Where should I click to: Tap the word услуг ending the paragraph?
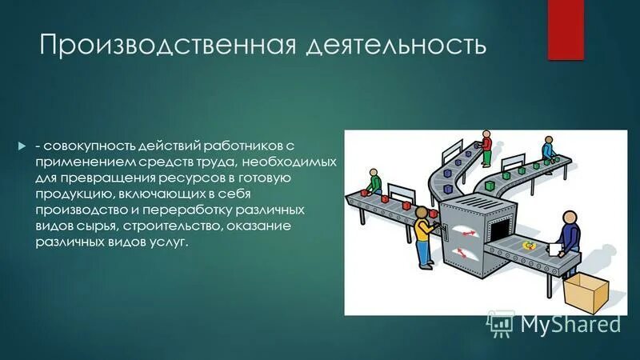tap(169, 241)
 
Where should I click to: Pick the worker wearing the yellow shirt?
tap(423, 236)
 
